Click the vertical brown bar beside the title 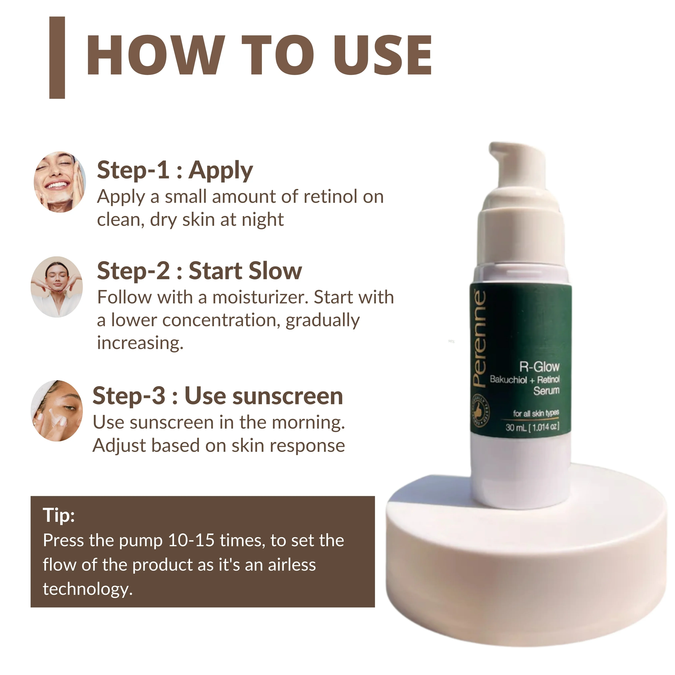57,58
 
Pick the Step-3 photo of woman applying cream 57,411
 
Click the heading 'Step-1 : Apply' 175,170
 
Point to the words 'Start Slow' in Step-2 245,271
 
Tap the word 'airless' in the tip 292,565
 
